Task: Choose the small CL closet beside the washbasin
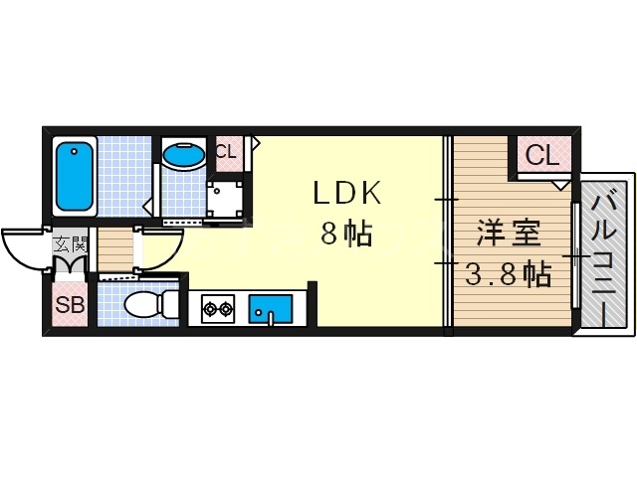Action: click(226, 152)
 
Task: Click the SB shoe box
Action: click(70, 305)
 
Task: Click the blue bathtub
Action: click(74, 177)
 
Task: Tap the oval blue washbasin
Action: click(184, 155)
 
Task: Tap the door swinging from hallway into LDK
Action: click(159, 248)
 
